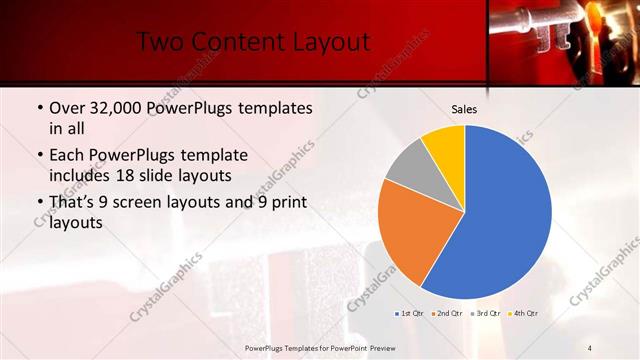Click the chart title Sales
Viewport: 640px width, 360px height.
[464, 108]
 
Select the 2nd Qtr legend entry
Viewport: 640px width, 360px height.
[447, 313]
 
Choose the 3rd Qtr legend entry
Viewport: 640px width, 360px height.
[486, 313]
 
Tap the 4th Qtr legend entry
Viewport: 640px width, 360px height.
[524, 313]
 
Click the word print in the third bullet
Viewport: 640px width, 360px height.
[290, 204]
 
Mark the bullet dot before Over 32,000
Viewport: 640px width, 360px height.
[38, 108]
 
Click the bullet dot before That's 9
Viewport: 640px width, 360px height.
[38, 204]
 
